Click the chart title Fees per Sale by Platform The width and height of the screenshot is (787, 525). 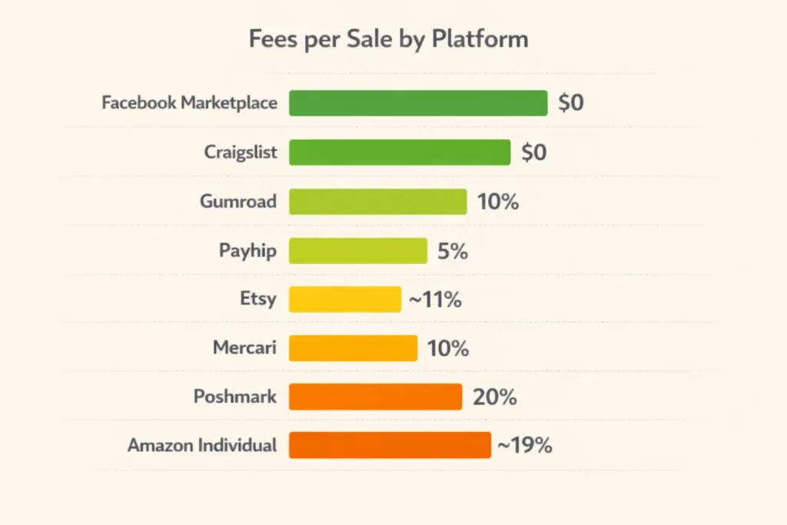(x=388, y=39)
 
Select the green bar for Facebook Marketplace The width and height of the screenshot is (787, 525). (x=418, y=103)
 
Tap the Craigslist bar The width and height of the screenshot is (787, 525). (x=400, y=152)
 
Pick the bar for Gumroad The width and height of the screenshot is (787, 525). (x=377, y=201)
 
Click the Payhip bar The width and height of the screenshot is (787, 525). (x=357, y=251)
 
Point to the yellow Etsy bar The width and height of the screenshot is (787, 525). (x=345, y=299)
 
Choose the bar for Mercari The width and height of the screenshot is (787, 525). (x=353, y=348)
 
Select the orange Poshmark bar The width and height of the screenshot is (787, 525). (x=375, y=397)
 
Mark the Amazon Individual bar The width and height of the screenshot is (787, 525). (x=390, y=445)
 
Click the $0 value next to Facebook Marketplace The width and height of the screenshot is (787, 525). (x=571, y=103)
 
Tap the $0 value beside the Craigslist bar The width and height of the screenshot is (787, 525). (x=534, y=152)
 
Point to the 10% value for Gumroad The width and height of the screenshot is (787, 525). (x=497, y=202)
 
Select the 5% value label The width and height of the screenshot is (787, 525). (x=453, y=251)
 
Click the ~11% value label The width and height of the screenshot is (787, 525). (x=435, y=300)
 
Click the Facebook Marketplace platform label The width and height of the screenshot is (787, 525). (x=189, y=103)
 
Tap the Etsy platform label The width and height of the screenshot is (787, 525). (x=258, y=299)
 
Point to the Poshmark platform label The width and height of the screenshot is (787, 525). (x=235, y=397)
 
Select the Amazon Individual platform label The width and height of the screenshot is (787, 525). (x=202, y=446)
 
